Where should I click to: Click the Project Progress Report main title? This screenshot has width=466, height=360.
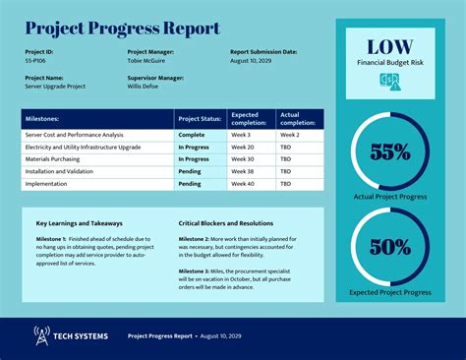coord(123,29)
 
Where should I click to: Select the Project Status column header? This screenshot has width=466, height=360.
coord(201,118)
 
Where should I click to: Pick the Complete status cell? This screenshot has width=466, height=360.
coord(191,134)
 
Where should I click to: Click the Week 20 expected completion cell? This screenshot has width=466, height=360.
coord(243,147)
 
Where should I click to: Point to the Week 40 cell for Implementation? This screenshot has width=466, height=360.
coord(243,183)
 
